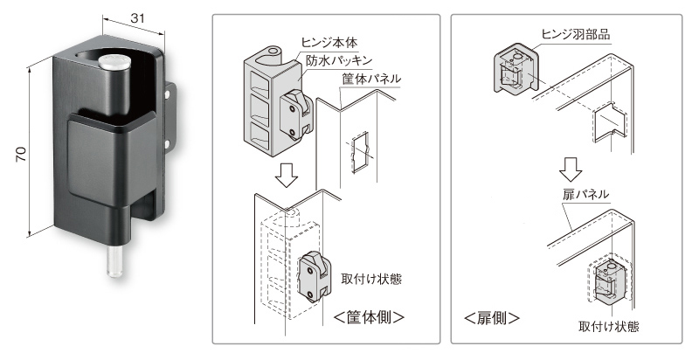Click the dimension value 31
138,18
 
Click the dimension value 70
21,154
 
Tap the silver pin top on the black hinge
114,62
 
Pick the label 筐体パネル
371,79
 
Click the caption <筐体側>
369,318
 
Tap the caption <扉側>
492,318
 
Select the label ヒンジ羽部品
576,34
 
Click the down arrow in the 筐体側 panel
286,175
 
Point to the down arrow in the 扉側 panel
571,169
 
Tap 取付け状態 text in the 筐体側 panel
371,280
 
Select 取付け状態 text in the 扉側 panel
608,327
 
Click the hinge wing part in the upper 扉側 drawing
515,68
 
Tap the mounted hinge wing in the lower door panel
607,281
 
